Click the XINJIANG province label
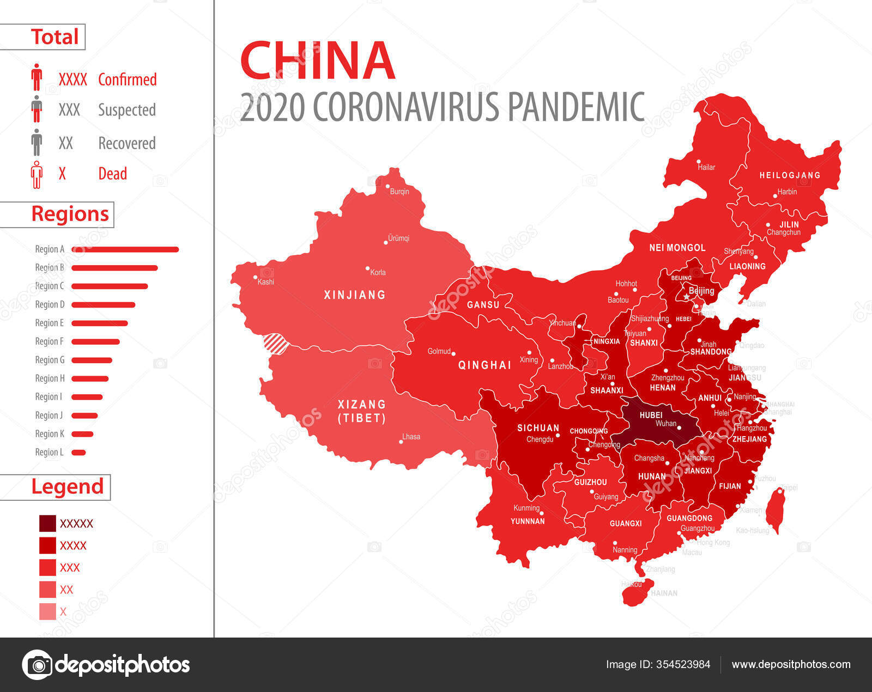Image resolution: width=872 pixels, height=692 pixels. click(354, 295)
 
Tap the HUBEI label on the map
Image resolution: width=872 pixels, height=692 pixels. click(651, 415)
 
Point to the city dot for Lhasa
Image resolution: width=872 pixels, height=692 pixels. click(401, 442)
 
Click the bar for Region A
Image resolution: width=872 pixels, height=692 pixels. click(125, 249)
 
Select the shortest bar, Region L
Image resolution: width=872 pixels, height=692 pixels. click(78, 452)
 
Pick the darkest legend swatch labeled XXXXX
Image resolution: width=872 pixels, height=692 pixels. click(47, 523)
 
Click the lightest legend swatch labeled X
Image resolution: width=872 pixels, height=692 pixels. click(47, 611)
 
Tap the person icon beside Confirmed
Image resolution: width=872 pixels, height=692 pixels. click(37, 77)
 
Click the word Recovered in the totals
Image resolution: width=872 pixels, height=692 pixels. click(126, 143)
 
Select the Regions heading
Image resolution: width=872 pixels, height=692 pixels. click(70, 214)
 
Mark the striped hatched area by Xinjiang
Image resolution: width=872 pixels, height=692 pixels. click(275, 344)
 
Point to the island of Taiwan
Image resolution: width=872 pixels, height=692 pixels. click(775, 510)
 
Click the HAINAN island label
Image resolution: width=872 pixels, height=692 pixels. click(664, 593)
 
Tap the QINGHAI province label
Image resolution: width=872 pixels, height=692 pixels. click(485, 365)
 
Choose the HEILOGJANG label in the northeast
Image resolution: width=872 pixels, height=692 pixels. click(790, 175)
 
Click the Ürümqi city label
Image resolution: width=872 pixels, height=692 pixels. click(398, 238)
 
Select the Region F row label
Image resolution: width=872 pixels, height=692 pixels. click(49, 341)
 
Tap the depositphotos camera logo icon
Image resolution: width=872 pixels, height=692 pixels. click(37, 664)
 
